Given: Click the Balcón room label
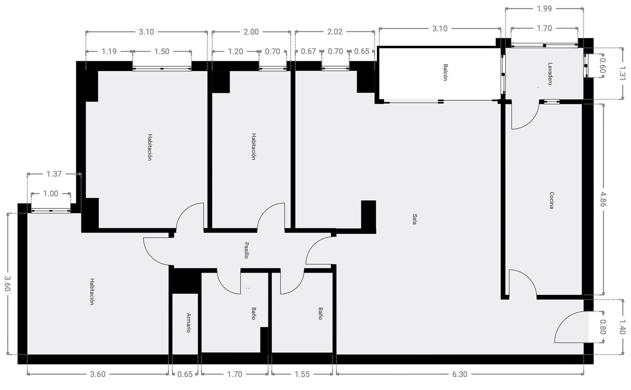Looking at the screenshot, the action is click(445, 72).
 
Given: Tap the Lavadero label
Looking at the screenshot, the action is click(550, 74).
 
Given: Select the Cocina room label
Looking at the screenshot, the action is click(551, 200).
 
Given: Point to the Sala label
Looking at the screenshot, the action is click(414, 219).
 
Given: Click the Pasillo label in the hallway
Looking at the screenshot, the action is click(246, 250).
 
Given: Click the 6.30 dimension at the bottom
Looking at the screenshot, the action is click(460, 374).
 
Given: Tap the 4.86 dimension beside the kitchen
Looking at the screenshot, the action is click(602, 199).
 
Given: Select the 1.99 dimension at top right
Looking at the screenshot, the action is click(544, 9).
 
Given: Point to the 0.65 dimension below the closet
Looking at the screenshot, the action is click(185, 374).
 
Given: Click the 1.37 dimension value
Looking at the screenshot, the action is click(54, 174).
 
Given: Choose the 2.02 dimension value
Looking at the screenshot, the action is click(335, 32).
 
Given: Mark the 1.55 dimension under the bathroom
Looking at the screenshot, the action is click(302, 374).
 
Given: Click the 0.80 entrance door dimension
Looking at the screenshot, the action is click(602, 326).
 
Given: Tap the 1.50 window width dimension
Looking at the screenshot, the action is click(162, 51).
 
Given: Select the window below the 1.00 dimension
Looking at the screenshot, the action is click(51, 211).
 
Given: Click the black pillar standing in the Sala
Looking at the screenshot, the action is click(369, 217).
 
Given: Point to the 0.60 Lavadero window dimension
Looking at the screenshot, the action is click(602, 65).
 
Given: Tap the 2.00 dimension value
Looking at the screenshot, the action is click(251, 32).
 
